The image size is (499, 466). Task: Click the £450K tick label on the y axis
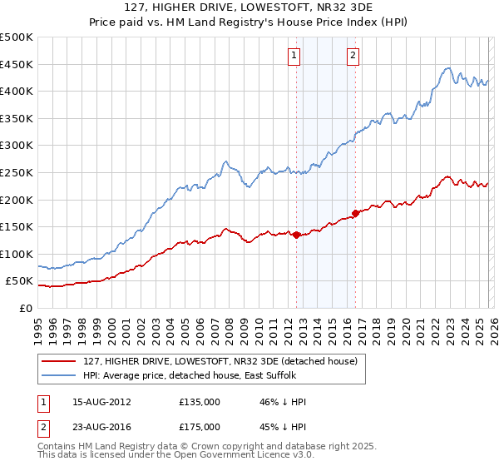click(17, 64)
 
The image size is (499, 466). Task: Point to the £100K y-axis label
click(17, 254)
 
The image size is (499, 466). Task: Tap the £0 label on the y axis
click(24, 308)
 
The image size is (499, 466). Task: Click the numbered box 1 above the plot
click(295, 56)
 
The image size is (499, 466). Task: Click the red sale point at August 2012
click(297, 235)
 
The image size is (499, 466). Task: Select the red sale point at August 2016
click(355, 213)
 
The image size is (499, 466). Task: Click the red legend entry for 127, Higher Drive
click(220, 361)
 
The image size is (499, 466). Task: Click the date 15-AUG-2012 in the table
click(101, 402)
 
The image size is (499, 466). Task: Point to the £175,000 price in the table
click(199, 426)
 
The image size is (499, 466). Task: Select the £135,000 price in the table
click(199, 402)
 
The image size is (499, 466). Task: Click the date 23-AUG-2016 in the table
click(101, 426)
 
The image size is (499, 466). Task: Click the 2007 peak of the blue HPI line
click(225, 161)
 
